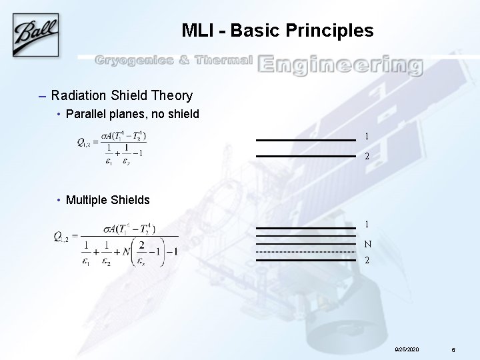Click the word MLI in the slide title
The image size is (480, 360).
pos(196,31)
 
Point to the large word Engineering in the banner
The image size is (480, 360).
pos(340,64)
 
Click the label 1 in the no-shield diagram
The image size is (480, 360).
pos(367,137)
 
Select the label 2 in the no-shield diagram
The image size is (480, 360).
pos(367,157)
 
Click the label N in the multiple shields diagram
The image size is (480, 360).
pos(368,244)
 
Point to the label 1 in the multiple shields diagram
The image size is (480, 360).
pos(367,225)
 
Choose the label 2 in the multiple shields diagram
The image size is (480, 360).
pos(367,260)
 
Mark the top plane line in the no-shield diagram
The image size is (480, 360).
pos(306,140)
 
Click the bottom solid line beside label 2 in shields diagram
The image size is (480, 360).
pos(306,260)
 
